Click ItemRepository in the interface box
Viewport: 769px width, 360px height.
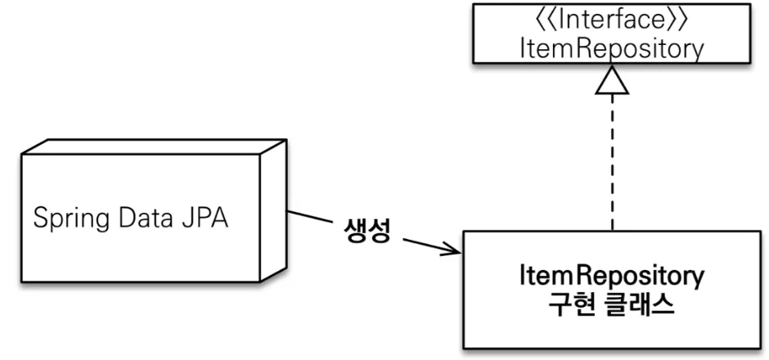pos(610,48)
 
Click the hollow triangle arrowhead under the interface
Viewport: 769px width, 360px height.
pos(611,83)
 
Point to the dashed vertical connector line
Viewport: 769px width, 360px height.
pos(611,164)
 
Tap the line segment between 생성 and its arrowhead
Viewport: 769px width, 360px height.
pos(425,244)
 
